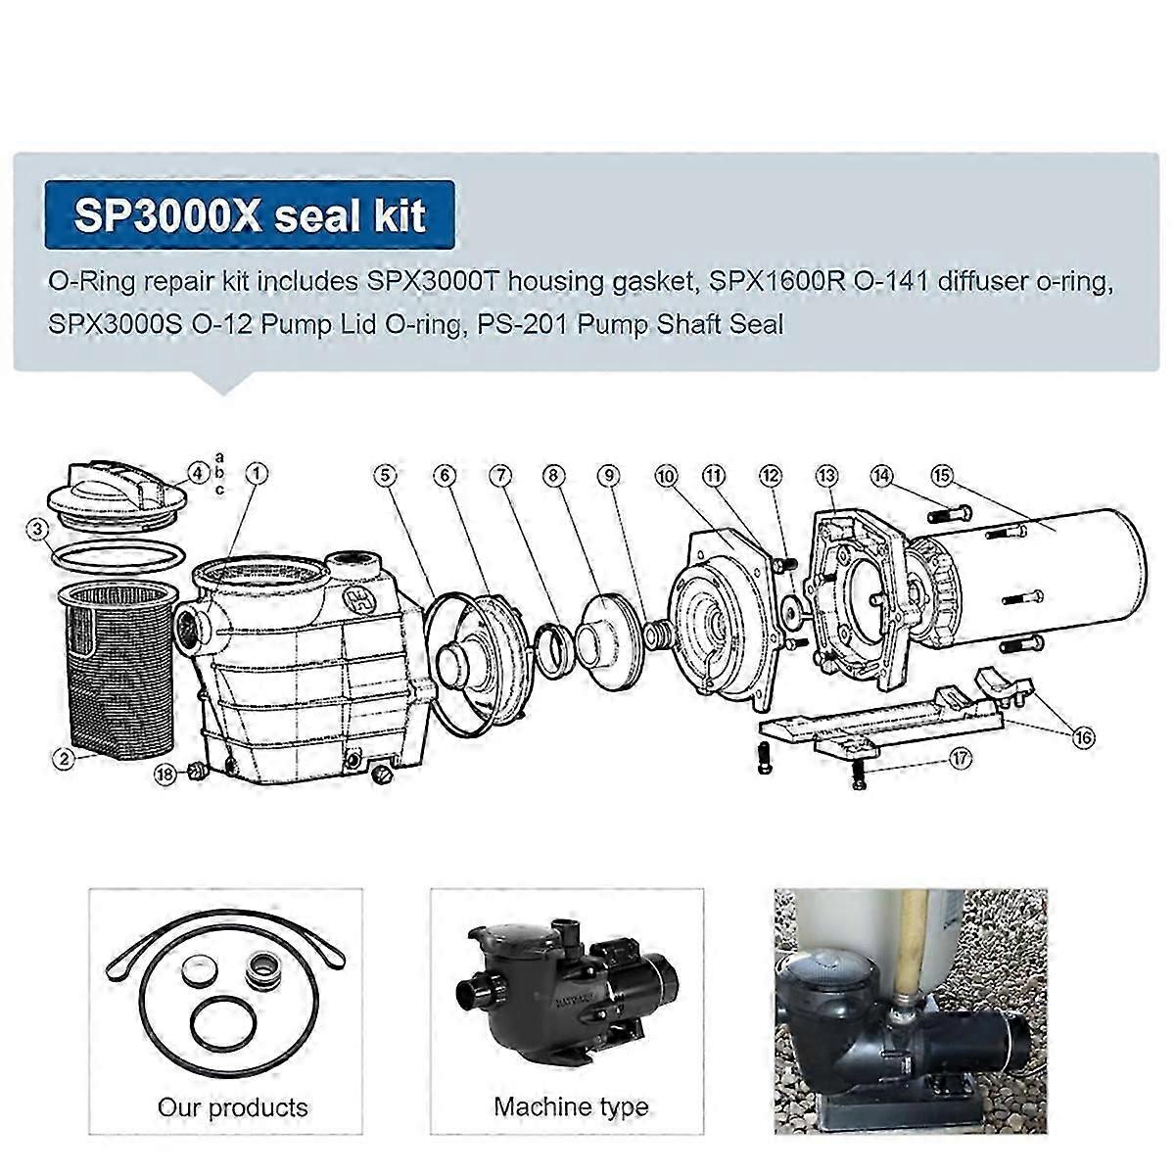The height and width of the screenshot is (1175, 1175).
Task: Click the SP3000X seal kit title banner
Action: tap(250, 214)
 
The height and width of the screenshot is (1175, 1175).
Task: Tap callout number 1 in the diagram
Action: tap(257, 473)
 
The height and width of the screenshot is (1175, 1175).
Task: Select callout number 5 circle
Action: tap(386, 475)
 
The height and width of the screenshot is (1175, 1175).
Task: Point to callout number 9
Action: tap(608, 475)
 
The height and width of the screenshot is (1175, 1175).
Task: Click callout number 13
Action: tap(827, 475)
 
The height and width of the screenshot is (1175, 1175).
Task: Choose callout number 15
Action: tap(942, 475)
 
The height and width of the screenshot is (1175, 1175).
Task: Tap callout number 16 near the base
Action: tap(1083, 737)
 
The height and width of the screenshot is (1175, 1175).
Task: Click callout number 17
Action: tap(960, 759)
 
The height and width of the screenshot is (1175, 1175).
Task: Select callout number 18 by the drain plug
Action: tap(164, 775)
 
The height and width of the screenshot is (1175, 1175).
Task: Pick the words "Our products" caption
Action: tap(232, 1106)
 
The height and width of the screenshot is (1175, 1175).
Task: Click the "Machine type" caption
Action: tap(571, 1106)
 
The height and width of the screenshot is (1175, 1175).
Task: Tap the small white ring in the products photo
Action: tap(199, 972)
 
